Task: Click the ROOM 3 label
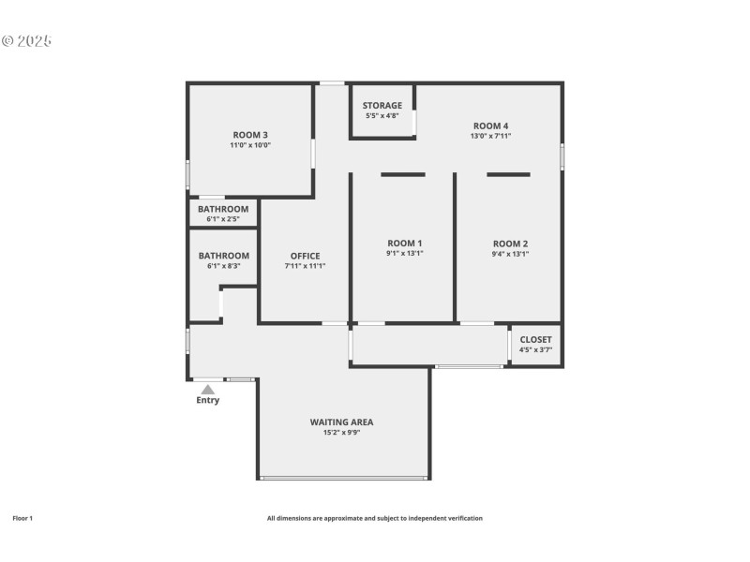(x=250, y=135)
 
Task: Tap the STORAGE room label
(x=382, y=105)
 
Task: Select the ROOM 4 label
(x=490, y=126)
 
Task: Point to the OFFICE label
(x=306, y=256)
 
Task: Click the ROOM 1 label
(x=405, y=244)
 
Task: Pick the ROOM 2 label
(x=510, y=244)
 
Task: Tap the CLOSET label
(x=535, y=339)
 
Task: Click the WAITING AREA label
(x=341, y=422)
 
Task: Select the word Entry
(x=207, y=400)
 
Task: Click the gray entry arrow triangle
(x=207, y=390)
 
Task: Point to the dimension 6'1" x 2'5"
(x=223, y=219)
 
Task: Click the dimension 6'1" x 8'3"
(x=224, y=266)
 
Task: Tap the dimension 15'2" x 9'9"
(x=341, y=433)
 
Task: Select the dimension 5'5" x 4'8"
(x=382, y=115)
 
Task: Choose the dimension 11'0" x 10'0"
(x=250, y=145)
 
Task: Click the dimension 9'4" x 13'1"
(x=510, y=254)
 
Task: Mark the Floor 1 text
(x=22, y=518)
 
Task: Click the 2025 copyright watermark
(x=26, y=41)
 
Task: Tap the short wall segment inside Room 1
(x=403, y=174)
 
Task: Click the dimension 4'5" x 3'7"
(x=535, y=349)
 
